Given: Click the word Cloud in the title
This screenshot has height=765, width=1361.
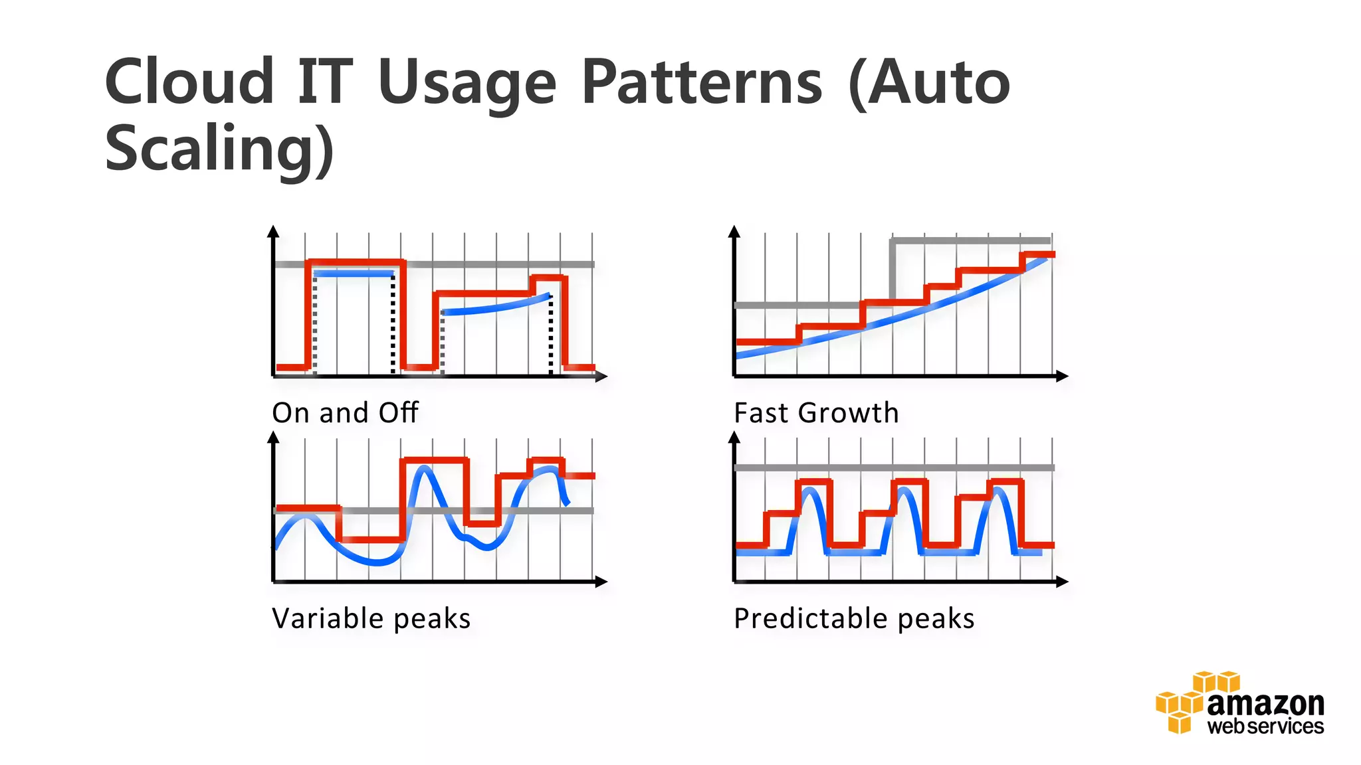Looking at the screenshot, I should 189,82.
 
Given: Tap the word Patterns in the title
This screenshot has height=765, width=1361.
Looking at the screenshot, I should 702,82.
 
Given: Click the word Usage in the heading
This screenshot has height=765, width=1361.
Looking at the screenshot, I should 467,84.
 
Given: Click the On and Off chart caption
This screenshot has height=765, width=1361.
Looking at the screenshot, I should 345,413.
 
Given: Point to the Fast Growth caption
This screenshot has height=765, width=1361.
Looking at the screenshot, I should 816,413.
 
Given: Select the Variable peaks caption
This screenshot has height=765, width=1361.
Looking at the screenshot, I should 371,619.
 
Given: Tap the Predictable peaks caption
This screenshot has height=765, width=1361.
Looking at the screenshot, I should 854,619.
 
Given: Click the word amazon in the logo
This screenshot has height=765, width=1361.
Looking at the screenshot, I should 1265,704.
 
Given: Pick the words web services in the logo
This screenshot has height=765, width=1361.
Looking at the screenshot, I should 1265,726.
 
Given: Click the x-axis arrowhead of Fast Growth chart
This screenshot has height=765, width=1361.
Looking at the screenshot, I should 1062,377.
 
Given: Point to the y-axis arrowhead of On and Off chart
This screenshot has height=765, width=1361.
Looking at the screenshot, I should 273,231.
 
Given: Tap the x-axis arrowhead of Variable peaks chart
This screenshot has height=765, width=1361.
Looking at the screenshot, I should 601,582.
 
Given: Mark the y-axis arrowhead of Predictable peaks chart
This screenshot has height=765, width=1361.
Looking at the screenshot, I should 734,437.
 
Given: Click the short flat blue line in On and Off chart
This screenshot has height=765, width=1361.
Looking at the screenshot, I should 354,274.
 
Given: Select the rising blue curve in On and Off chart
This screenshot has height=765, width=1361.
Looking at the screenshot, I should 495,306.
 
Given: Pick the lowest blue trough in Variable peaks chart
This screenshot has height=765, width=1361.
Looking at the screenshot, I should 377,562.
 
